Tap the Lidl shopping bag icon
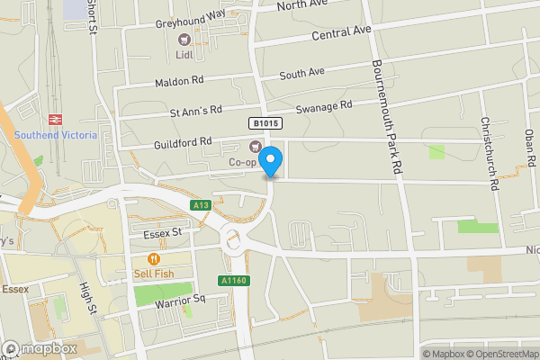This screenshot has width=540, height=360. [x=184, y=39]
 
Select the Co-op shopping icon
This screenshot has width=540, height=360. [x=254, y=147]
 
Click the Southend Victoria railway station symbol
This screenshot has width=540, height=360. [x=54, y=119]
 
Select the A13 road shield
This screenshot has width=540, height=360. [x=202, y=206]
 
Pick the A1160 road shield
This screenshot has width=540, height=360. [x=233, y=281]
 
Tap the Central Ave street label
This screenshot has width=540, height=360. [x=341, y=34]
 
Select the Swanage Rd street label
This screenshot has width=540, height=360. [x=322, y=104]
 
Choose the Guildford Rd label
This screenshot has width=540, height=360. [x=180, y=141]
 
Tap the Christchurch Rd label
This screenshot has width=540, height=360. [x=489, y=153]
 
